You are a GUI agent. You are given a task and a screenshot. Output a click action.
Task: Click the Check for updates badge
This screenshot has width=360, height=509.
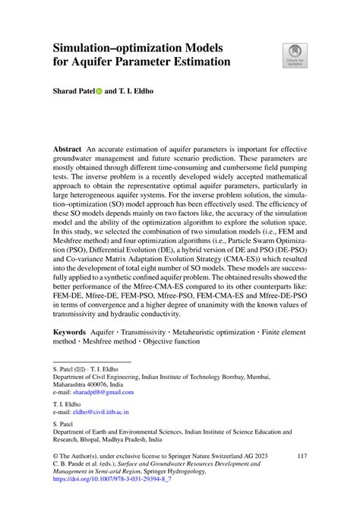point(293,55)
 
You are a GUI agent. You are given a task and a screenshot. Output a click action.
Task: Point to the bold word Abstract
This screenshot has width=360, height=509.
point(69,147)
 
